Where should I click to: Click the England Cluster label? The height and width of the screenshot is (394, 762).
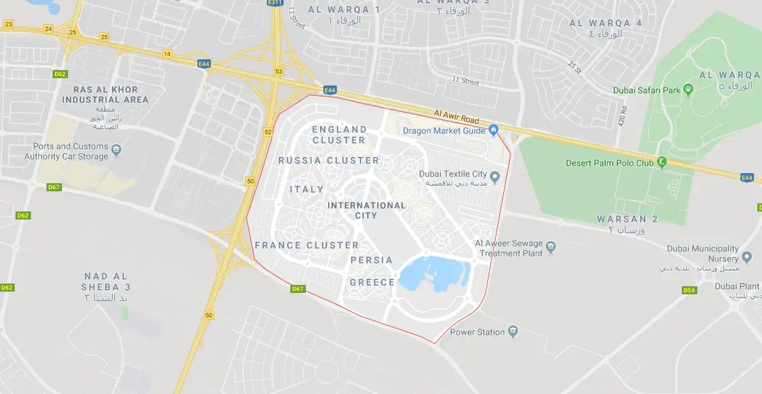click(x=339, y=135)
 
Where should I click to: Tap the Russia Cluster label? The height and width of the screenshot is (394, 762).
click(x=329, y=160)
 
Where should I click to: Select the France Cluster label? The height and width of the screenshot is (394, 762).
click(x=307, y=245)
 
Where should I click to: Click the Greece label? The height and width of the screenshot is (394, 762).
click(x=372, y=282)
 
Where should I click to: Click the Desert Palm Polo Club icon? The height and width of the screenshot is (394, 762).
click(x=662, y=162)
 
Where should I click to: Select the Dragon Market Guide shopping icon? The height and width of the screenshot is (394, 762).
click(x=493, y=130)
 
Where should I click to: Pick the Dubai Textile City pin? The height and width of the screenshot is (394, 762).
click(x=495, y=178)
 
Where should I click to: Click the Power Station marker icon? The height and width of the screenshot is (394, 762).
click(x=513, y=331)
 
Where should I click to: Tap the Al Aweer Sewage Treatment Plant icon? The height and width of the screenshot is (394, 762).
click(x=550, y=248)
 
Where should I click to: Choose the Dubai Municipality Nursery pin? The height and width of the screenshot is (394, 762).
click(x=747, y=258)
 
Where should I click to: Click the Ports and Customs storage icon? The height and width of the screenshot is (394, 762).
click(x=116, y=151)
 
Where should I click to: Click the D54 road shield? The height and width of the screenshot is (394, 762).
click(x=689, y=290)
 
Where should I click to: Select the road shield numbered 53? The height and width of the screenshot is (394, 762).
click(x=278, y=70)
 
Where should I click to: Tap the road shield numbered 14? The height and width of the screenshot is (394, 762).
click(x=167, y=53)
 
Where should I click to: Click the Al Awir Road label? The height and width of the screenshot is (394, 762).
click(x=455, y=116)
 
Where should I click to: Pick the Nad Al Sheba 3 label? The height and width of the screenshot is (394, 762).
click(x=106, y=287)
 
